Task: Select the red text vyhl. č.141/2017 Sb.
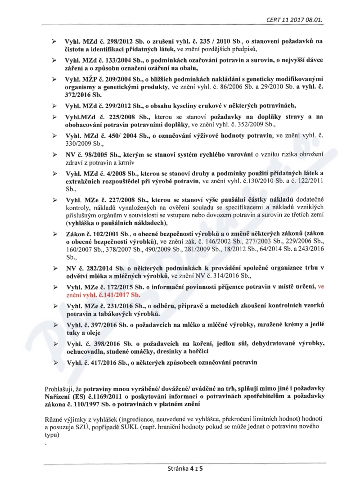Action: pyautogui.click(x=116, y=295)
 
